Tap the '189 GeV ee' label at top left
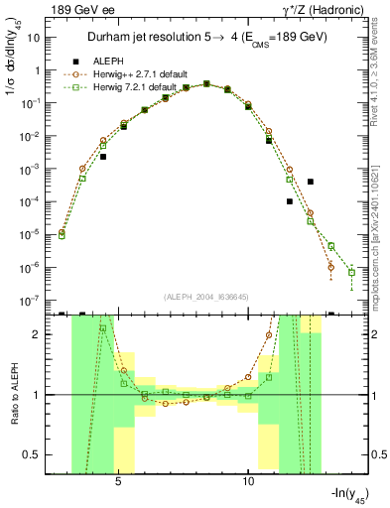tap(80, 11)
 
